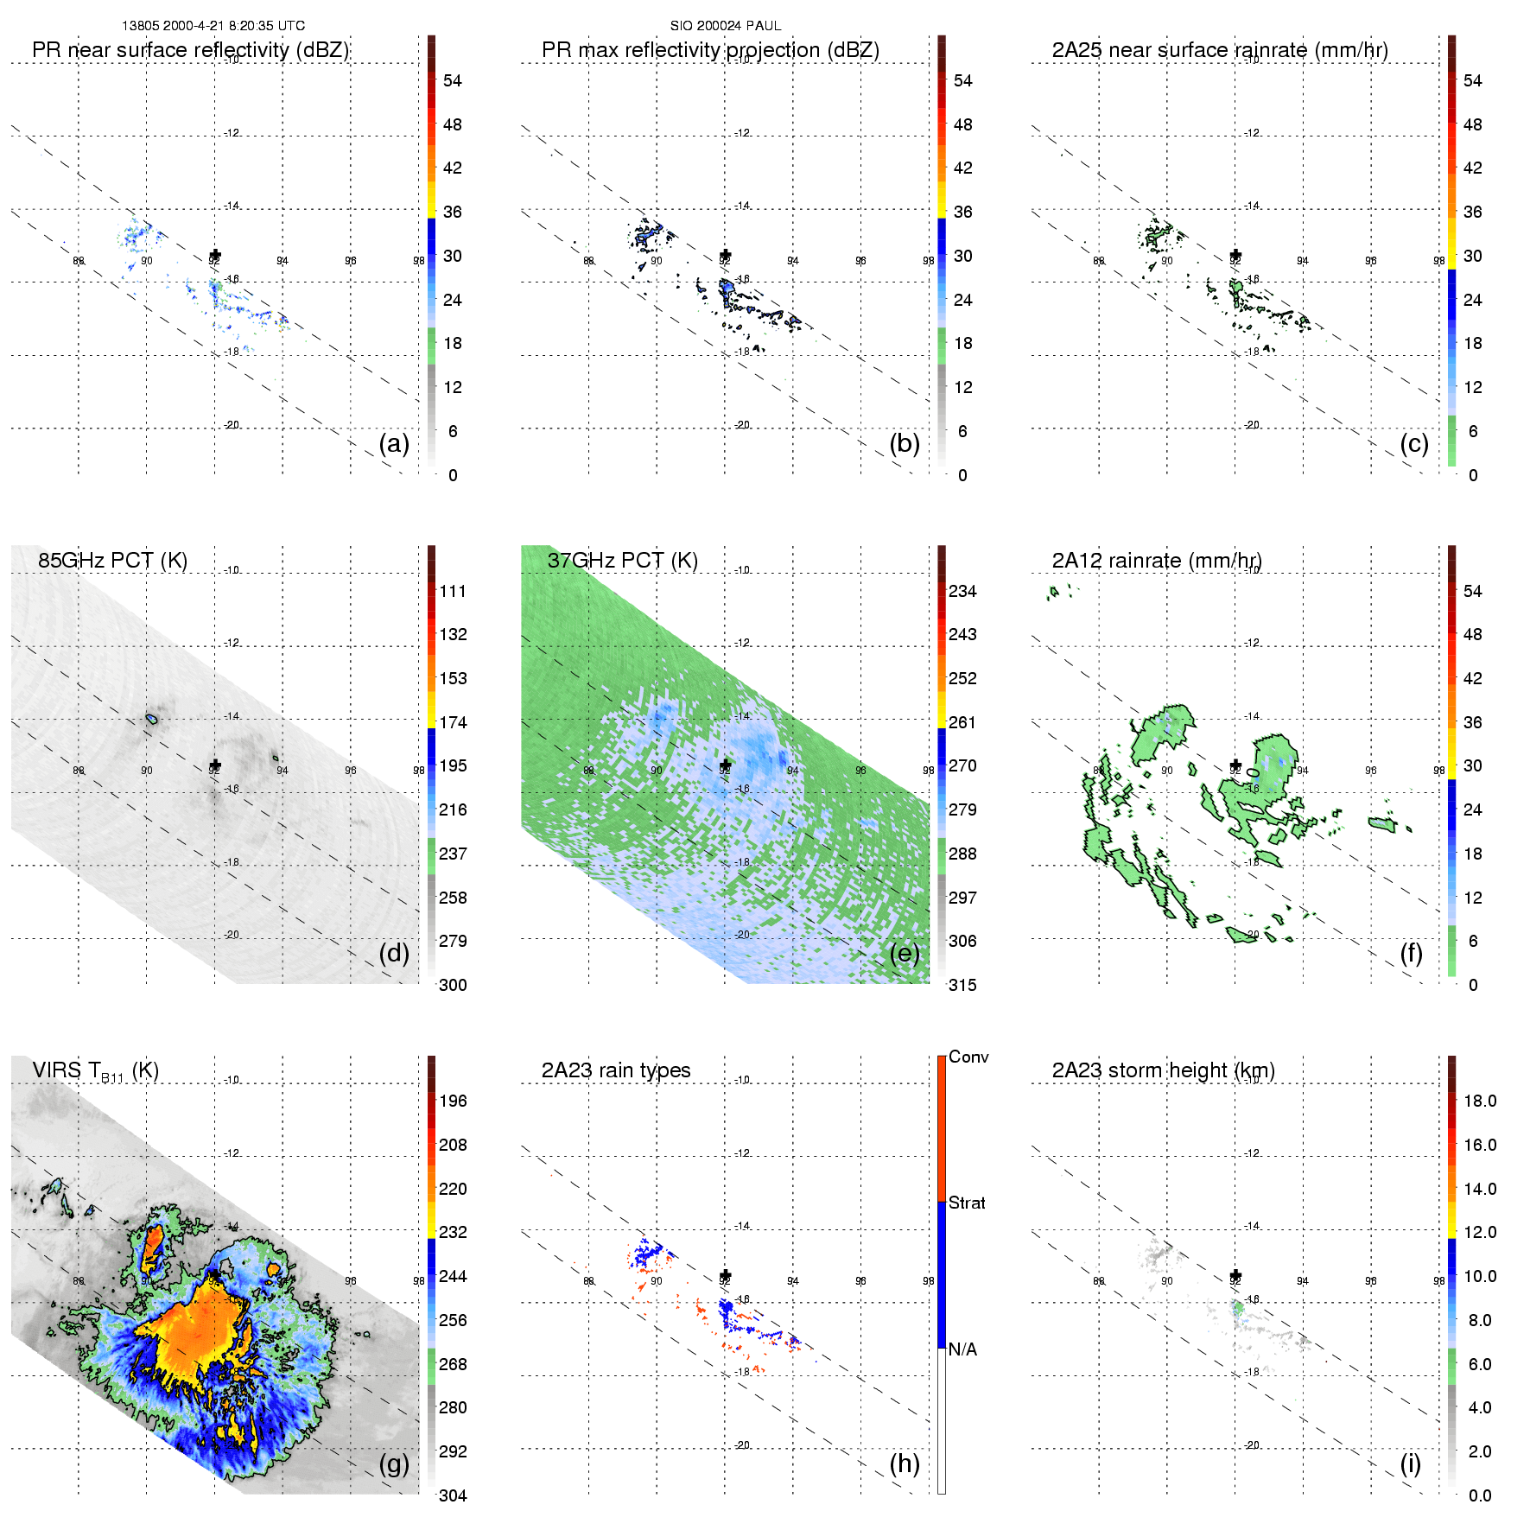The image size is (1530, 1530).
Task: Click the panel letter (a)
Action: [393, 444]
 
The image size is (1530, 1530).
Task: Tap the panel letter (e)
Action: [904, 954]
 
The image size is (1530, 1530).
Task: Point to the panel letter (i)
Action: [1410, 1463]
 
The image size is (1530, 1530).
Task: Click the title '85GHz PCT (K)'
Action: [112, 561]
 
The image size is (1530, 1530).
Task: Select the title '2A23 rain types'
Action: [616, 1070]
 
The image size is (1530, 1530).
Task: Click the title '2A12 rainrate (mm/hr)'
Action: [1157, 561]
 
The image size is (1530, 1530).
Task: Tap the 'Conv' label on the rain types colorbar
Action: [968, 1057]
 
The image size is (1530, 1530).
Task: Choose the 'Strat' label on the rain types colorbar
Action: [967, 1203]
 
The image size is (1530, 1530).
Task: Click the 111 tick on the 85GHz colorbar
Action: [453, 592]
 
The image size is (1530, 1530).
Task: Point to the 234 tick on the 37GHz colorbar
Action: [962, 592]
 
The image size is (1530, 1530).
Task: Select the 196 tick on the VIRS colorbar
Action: [453, 1101]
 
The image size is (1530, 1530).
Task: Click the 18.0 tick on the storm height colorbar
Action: [1480, 1101]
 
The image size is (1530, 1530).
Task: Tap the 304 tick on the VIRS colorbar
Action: [453, 1495]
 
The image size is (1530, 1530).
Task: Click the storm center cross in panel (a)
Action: [215, 255]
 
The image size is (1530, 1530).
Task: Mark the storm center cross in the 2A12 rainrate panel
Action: [1235, 765]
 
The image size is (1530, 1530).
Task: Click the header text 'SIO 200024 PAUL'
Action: [726, 26]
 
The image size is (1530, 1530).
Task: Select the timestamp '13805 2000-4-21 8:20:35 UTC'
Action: [213, 26]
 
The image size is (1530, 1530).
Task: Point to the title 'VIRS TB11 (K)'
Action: [95, 1071]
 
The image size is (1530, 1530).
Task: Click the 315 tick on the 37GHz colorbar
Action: [962, 986]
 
